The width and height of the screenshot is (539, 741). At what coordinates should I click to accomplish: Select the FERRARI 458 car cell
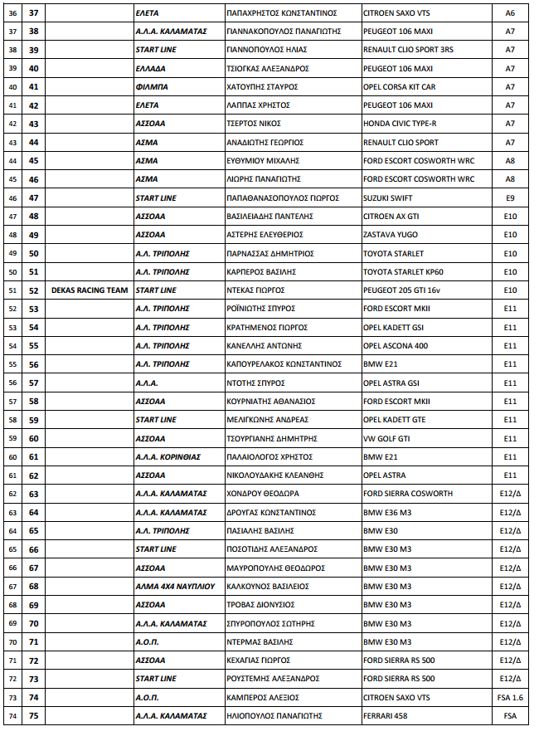pyautogui.click(x=389, y=716)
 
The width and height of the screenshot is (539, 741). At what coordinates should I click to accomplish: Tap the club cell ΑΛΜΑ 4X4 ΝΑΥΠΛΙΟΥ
pyautogui.click(x=175, y=587)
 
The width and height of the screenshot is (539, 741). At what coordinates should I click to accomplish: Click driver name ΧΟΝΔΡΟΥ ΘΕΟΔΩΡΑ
pyautogui.click(x=263, y=494)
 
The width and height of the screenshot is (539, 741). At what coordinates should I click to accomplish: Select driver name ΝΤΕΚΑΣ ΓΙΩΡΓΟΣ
pyautogui.click(x=255, y=290)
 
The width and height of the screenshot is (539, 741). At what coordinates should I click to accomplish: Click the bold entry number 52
pyautogui.click(x=34, y=290)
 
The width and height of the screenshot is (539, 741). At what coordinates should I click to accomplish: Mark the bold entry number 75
pyautogui.click(x=34, y=716)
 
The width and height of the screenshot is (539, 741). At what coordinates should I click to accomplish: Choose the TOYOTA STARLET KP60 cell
pyautogui.click(x=404, y=271)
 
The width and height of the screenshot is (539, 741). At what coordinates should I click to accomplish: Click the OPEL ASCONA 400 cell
pyautogui.click(x=396, y=346)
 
